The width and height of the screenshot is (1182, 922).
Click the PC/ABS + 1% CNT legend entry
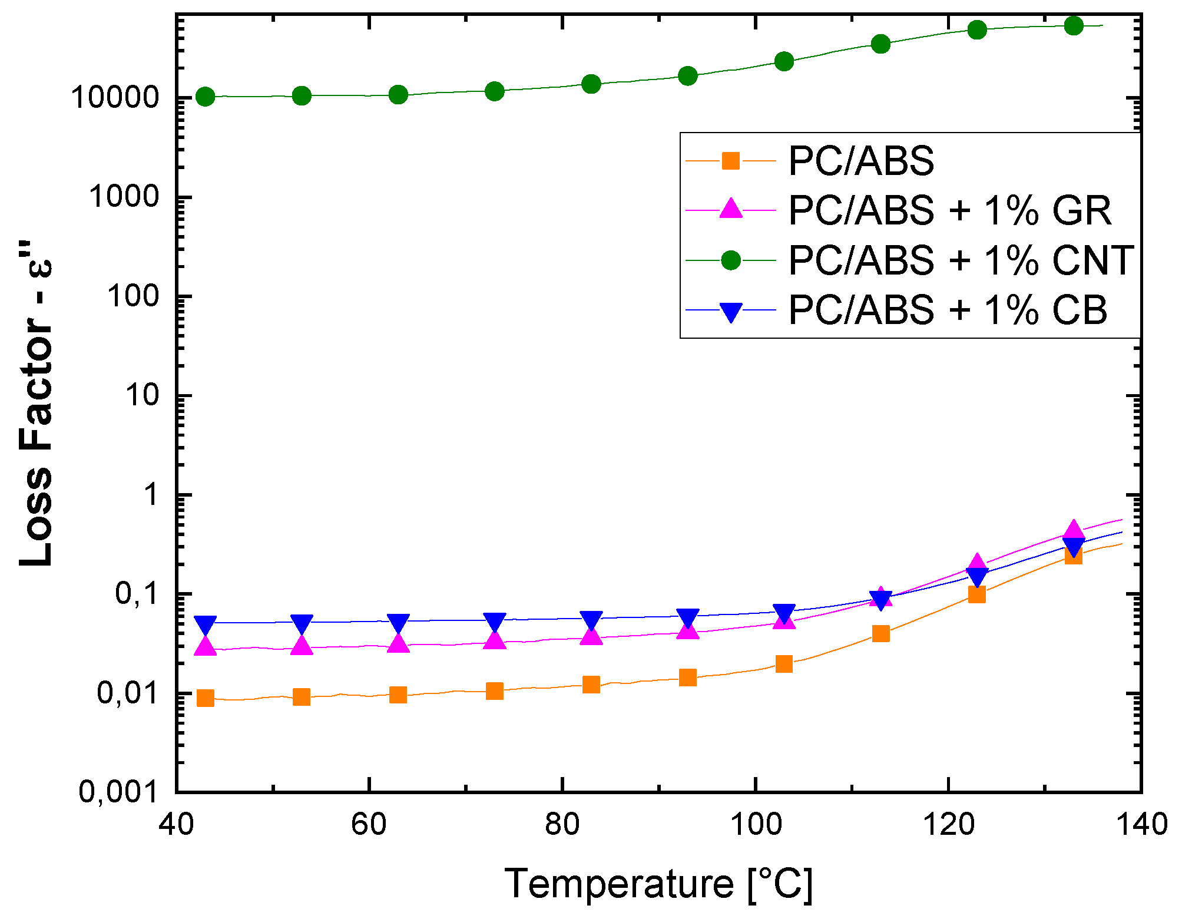[961, 260]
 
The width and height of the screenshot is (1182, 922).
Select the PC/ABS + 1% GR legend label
[949, 210]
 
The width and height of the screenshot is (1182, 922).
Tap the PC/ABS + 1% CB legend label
[947, 310]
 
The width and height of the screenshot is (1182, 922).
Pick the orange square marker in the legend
[730, 160]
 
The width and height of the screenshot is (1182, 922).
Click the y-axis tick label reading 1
[152, 494]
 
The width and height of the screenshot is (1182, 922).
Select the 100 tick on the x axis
[756, 824]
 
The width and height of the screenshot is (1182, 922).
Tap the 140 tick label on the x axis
[1141, 824]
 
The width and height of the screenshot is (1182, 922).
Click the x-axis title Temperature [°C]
[658, 884]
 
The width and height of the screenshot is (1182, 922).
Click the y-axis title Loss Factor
[37, 412]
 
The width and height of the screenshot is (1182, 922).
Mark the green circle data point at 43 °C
[205, 97]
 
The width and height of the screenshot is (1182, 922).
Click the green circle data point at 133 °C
[1074, 26]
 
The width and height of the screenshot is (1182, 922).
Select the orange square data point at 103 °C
[784, 664]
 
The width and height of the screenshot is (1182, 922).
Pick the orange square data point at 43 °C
[205, 698]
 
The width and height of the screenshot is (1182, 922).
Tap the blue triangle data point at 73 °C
[495, 622]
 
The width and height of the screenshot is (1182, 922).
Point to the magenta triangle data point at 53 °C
[302, 646]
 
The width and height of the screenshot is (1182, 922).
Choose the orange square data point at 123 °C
[976, 594]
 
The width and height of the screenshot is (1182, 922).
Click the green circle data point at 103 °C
[784, 61]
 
